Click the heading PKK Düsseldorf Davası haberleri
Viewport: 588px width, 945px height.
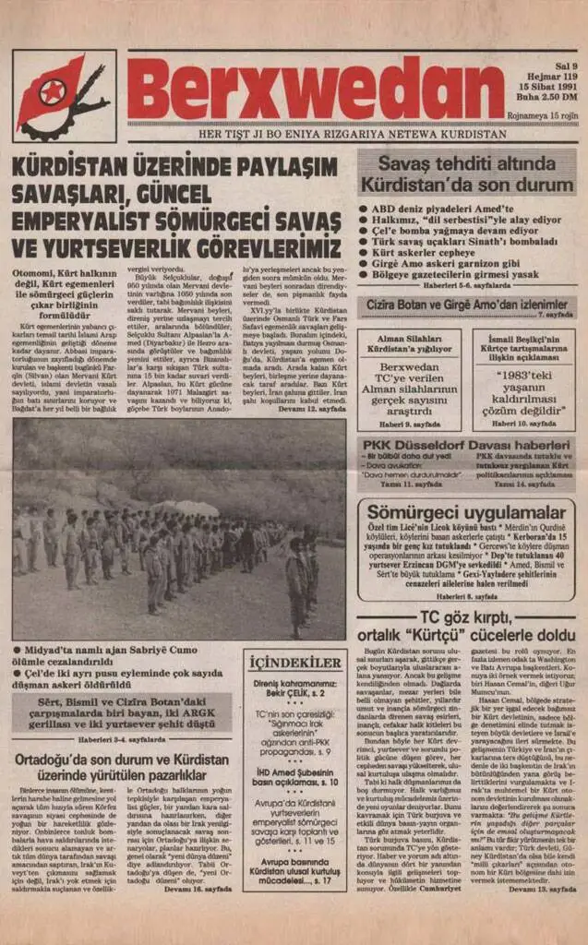tap(465, 443)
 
